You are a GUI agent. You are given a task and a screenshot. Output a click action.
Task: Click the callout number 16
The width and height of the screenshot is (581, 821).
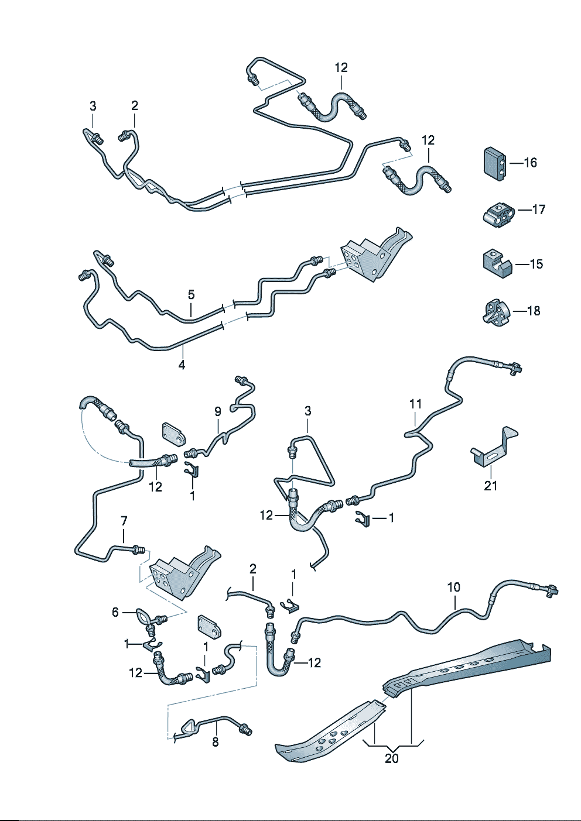(530, 163)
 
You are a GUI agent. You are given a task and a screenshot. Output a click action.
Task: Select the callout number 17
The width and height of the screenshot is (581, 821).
(539, 209)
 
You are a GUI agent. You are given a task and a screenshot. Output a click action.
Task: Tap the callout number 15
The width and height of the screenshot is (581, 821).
(536, 264)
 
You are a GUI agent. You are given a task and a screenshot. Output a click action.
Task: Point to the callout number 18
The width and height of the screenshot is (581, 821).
(534, 311)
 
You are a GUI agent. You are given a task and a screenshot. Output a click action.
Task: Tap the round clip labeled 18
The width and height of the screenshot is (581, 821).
(495, 311)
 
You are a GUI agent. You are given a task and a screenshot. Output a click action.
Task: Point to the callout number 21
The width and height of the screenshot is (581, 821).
(491, 485)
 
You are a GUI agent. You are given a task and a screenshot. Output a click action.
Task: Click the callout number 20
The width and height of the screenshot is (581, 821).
(392, 758)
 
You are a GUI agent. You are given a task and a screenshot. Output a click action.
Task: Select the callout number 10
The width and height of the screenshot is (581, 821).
(454, 587)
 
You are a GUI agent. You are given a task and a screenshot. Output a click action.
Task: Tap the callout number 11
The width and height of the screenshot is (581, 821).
(415, 404)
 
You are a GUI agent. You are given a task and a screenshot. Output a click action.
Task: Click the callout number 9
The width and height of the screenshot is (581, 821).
(217, 411)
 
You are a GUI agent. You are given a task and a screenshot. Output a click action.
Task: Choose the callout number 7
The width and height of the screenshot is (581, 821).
(124, 520)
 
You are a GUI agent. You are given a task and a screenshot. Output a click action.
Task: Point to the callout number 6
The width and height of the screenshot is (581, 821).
(115, 612)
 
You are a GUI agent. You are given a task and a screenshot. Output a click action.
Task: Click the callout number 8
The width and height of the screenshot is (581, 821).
(215, 742)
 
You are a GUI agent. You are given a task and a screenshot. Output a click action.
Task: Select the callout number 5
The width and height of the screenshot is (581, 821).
(191, 294)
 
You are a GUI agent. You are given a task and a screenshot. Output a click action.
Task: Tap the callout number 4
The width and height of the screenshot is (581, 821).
(182, 365)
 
